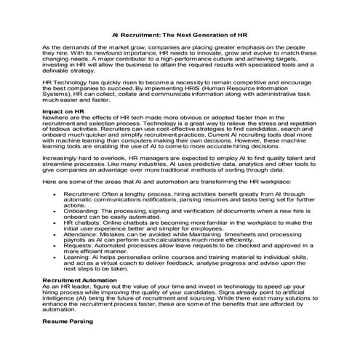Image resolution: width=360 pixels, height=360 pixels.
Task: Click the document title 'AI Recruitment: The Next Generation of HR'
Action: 180,34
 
